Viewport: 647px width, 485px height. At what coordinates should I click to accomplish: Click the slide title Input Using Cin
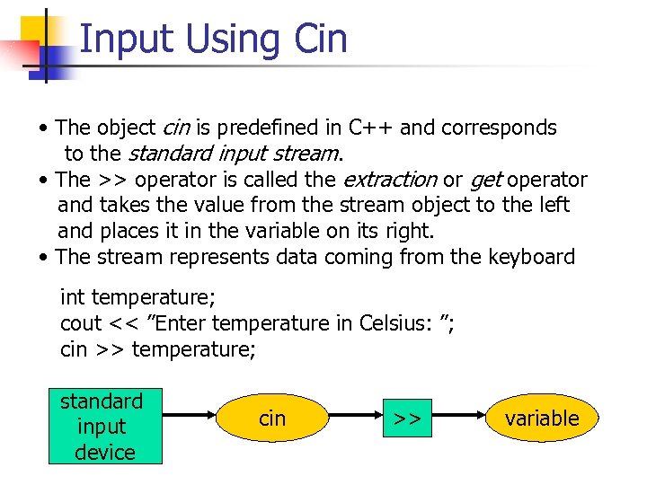pos(212,40)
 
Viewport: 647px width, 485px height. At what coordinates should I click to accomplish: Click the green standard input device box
pos(105,427)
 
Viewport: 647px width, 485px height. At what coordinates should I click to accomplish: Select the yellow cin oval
pos(272,418)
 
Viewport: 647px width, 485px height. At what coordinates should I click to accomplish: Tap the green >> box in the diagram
pos(407,418)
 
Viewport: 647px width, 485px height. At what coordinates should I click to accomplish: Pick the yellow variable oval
pos(541,418)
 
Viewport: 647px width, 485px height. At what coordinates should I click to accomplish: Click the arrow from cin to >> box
pos(354,418)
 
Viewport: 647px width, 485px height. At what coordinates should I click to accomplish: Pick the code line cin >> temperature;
pos(158,348)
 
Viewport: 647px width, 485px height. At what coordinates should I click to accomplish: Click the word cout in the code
pos(82,322)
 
